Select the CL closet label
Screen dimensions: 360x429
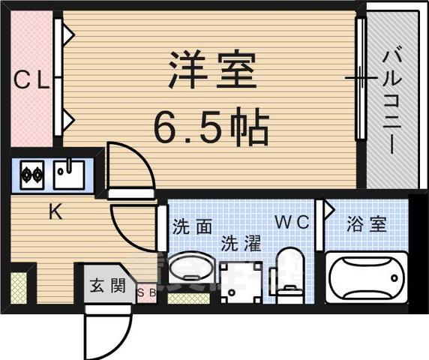click(x=31, y=80)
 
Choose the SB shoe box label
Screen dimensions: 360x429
click(x=146, y=293)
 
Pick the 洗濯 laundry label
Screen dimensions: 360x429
click(x=240, y=244)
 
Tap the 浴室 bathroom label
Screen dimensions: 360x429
click(x=367, y=223)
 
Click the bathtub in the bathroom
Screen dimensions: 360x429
click(x=366, y=277)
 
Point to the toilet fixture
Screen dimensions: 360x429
click(x=288, y=275)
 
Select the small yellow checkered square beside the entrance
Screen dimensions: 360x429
click(x=19, y=288)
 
